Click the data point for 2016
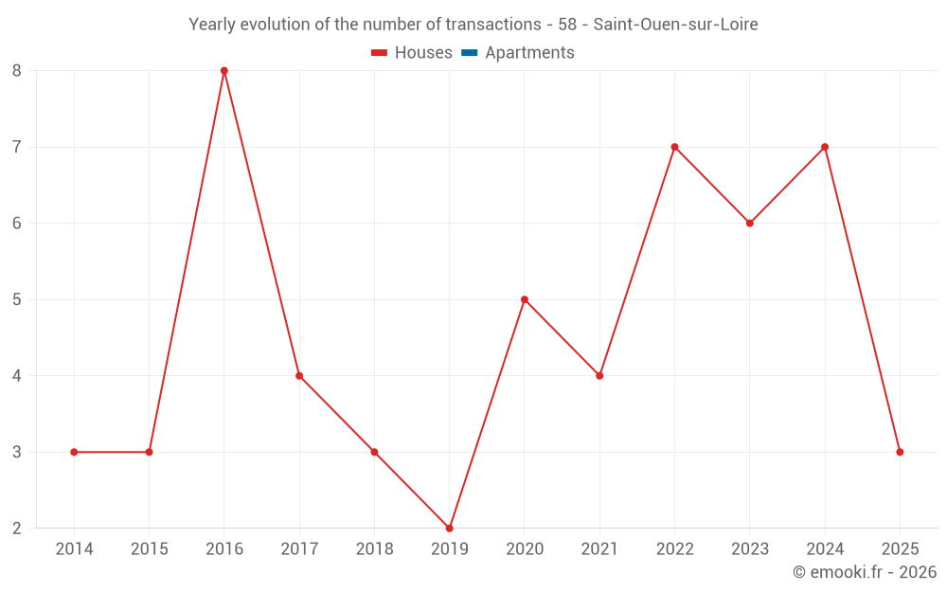click(x=224, y=71)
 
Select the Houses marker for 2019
click(x=450, y=528)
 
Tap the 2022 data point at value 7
click(x=674, y=147)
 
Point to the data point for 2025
click(x=900, y=452)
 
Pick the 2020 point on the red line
click(x=525, y=299)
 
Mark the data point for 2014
click(x=74, y=452)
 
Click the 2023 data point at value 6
click(x=750, y=224)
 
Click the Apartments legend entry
click(x=529, y=53)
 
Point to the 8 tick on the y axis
click(x=17, y=71)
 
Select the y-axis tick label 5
click(x=17, y=299)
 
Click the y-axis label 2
click(x=17, y=528)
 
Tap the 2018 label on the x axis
click(x=374, y=549)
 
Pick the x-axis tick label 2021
click(x=599, y=549)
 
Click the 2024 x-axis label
click(x=825, y=549)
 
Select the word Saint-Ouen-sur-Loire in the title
click(x=675, y=25)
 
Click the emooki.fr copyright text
click(x=865, y=572)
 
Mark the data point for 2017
click(x=299, y=376)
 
